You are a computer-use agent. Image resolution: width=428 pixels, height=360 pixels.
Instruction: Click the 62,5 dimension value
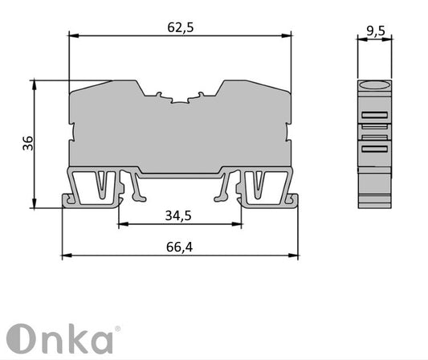coord(181,27)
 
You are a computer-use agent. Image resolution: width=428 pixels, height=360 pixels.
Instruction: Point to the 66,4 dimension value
coord(179,247)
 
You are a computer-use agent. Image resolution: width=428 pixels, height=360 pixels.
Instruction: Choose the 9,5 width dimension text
coord(376,31)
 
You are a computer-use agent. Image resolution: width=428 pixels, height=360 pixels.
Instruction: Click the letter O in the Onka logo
coord(22,339)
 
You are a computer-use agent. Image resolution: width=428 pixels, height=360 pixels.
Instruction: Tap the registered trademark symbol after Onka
coord(118,329)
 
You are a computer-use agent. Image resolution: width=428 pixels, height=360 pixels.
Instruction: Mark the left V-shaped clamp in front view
coord(100,187)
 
